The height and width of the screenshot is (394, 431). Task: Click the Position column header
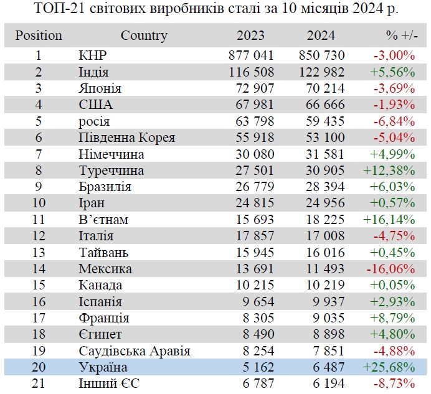pyautogui.click(x=39, y=36)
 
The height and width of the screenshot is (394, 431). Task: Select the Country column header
pyautogui.click(x=144, y=36)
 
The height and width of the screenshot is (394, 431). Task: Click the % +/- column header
pyautogui.click(x=397, y=36)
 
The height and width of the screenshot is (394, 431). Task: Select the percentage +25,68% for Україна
pyautogui.click(x=389, y=367)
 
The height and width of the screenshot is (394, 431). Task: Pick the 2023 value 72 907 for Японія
pyautogui.click(x=250, y=88)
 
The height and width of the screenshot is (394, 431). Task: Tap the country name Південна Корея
pyautogui.click(x=127, y=137)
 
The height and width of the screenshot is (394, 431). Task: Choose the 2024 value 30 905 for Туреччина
pyautogui.click(x=322, y=170)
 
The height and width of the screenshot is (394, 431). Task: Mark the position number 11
pyautogui.click(x=39, y=219)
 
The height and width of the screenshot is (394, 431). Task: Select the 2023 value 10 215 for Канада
pyautogui.click(x=250, y=285)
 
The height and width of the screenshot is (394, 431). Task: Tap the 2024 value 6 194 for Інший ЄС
pyautogui.click(x=326, y=383)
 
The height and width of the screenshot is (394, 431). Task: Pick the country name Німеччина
pyautogui.click(x=111, y=154)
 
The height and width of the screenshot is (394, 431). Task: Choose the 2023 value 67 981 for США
pyautogui.click(x=250, y=105)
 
